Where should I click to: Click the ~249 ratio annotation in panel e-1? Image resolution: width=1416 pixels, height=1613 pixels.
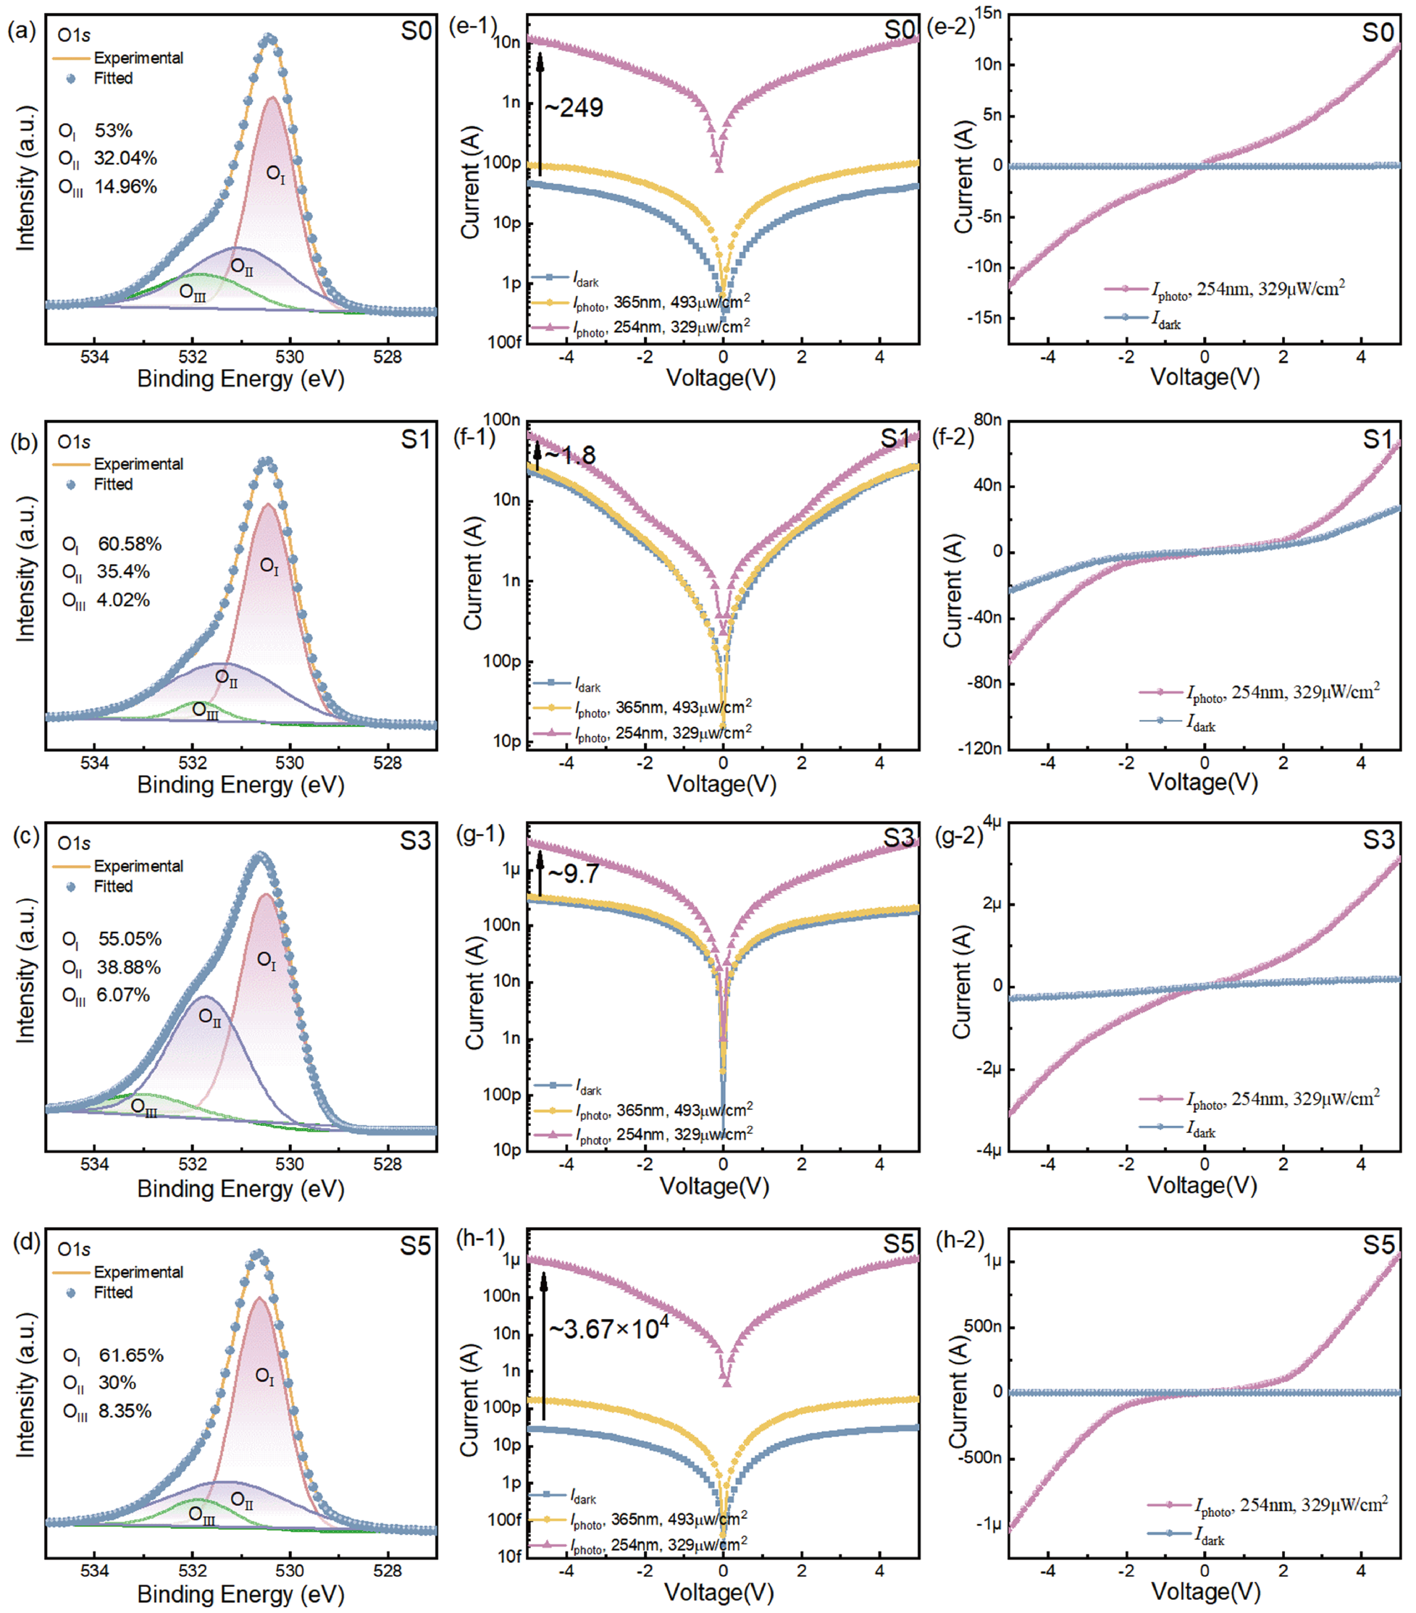pos(574,107)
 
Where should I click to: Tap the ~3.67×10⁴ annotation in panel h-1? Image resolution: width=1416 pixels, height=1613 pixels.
pos(608,1329)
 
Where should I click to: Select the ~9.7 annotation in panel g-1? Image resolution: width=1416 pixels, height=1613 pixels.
pos(574,875)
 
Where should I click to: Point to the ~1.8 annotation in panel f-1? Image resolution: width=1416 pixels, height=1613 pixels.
pos(570,455)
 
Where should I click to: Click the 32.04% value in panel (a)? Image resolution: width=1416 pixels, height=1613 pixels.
pos(125,158)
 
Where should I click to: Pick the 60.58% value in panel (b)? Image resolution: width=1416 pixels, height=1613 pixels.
pos(130,544)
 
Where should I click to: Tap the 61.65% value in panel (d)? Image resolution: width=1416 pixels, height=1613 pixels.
pos(131,1355)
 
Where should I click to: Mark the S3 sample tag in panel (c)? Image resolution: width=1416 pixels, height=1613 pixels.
pos(415,841)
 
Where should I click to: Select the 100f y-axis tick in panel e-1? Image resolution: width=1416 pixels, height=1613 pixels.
pos(504,342)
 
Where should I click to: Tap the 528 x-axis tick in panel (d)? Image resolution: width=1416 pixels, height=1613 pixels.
pos(387,1570)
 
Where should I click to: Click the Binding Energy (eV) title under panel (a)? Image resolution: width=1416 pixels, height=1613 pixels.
pos(240,379)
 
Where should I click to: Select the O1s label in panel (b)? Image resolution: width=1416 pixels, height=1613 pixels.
pos(74,442)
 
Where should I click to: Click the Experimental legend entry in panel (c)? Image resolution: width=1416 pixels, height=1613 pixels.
pos(138,866)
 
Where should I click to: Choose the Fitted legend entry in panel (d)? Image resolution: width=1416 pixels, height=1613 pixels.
pos(113,1292)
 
